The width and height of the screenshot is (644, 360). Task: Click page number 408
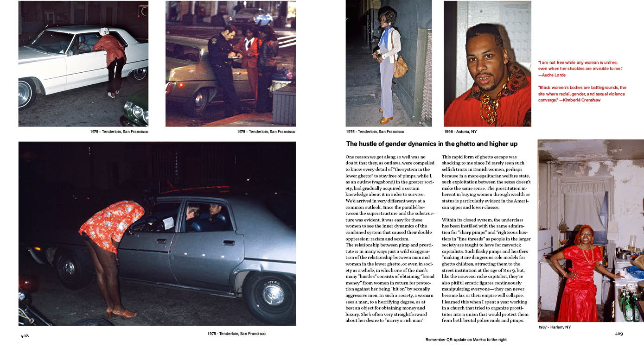[25, 336]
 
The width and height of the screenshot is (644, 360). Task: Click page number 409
[618, 333]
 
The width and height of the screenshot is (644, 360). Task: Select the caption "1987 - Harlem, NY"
[555, 327]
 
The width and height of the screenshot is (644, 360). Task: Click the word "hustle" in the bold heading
[370, 144]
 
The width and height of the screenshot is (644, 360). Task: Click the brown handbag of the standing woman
[400, 67]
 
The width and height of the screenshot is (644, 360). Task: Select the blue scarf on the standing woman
[384, 37]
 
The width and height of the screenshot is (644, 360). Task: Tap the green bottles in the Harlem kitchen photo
[630, 309]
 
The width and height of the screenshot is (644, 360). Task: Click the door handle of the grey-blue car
[228, 242]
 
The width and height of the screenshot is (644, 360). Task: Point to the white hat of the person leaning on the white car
[104, 32]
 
